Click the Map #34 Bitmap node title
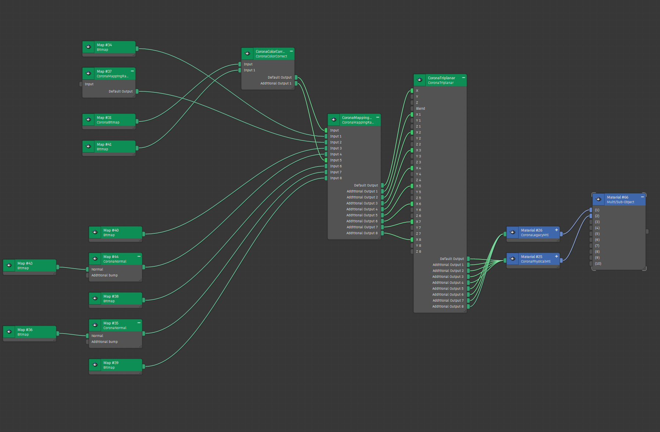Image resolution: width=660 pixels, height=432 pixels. click(x=104, y=47)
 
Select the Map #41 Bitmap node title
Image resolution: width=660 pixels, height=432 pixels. click(x=104, y=147)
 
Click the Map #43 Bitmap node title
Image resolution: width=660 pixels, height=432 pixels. click(x=25, y=266)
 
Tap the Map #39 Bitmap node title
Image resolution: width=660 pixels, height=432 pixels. click(x=111, y=365)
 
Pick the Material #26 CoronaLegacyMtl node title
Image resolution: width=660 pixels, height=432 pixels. click(x=534, y=233)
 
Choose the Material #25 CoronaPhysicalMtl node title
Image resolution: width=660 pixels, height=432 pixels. click(x=535, y=259)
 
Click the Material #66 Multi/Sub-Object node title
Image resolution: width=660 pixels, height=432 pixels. click(x=620, y=200)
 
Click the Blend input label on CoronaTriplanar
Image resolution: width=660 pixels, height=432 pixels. click(x=421, y=109)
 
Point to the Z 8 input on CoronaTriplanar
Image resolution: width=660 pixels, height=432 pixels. click(x=418, y=252)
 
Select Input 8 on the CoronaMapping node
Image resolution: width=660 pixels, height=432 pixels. click(x=336, y=178)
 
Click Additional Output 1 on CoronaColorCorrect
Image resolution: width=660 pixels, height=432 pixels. click(x=276, y=84)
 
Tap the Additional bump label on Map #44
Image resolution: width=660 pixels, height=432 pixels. click(x=105, y=275)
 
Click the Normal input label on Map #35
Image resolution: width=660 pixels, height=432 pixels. click(x=97, y=336)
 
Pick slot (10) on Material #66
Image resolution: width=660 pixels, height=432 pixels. click(x=598, y=264)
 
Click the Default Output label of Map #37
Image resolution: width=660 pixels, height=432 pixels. click(x=120, y=91)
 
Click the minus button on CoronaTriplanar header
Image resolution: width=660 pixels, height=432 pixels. click(x=464, y=78)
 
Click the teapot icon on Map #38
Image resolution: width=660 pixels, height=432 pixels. click(x=95, y=298)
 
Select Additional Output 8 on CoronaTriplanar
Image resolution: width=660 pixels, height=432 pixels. click(x=448, y=307)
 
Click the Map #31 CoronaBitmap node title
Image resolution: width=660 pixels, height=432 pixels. click(x=108, y=120)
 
